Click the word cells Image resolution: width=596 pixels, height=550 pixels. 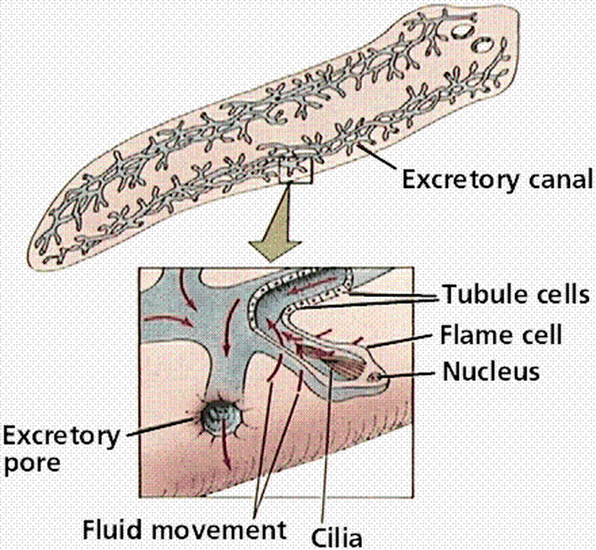pos(555,295)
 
